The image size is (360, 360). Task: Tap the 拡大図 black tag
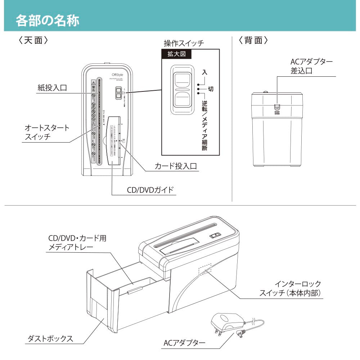click(x=176, y=54)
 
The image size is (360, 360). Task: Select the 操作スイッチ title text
click(x=184, y=44)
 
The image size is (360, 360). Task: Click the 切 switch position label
click(x=211, y=88)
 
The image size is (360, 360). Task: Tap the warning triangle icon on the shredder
click(x=93, y=82)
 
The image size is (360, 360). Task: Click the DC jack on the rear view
click(x=276, y=107)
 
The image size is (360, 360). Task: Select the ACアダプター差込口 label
click(x=311, y=67)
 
